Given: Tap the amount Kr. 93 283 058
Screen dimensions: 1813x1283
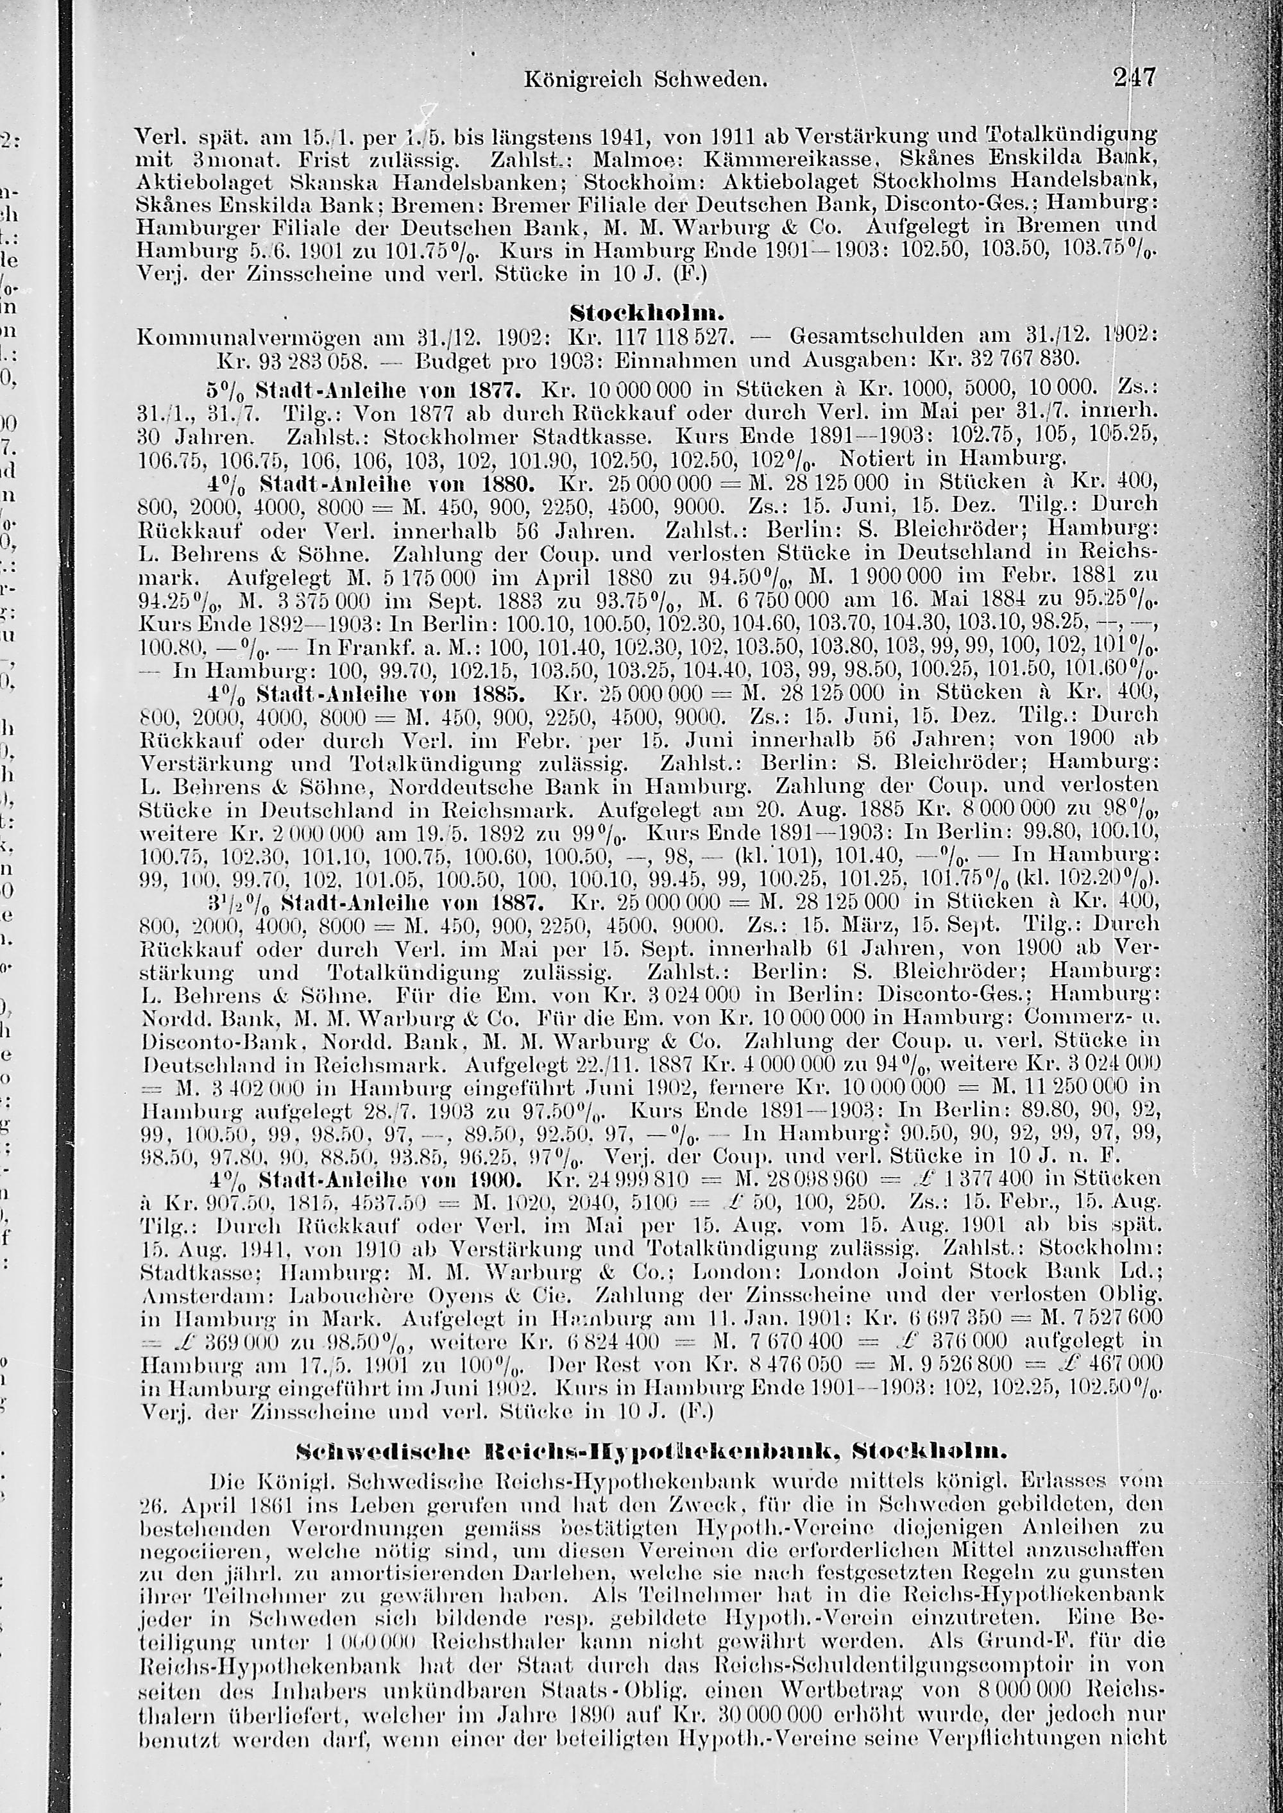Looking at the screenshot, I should (x=291, y=361).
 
